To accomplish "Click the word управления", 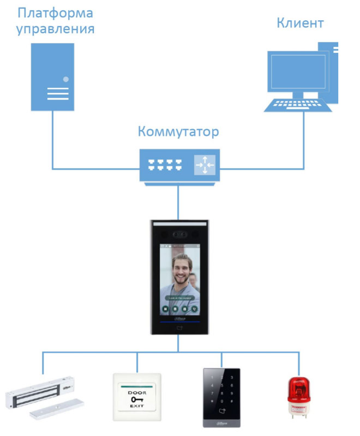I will pyautogui.click(x=55, y=29).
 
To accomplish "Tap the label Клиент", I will pyautogui.click(x=300, y=23).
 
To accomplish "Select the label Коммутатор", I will pyautogui.click(x=178, y=132).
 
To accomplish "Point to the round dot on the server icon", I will pyautogui.click(x=66, y=79).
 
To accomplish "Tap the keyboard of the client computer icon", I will pyautogui.click(x=295, y=105).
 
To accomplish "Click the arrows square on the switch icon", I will pyautogui.click(x=205, y=164).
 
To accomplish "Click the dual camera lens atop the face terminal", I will pyautogui.click(x=179, y=235).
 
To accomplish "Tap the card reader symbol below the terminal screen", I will pyautogui.click(x=180, y=329).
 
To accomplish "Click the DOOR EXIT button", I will pyautogui.click(x=137, y=396).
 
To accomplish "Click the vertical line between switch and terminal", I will pyautogui.click(x=179, y=202).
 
